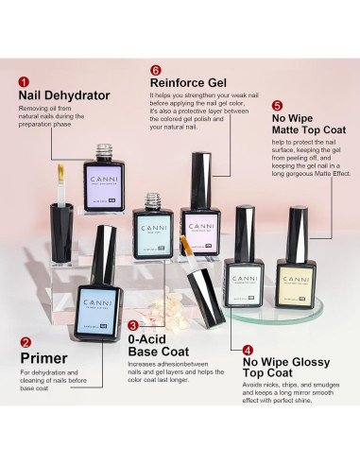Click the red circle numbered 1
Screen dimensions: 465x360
24,82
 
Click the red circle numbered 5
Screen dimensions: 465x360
277,106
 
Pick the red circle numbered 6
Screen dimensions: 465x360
156,69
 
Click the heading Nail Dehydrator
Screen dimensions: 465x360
64,95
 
